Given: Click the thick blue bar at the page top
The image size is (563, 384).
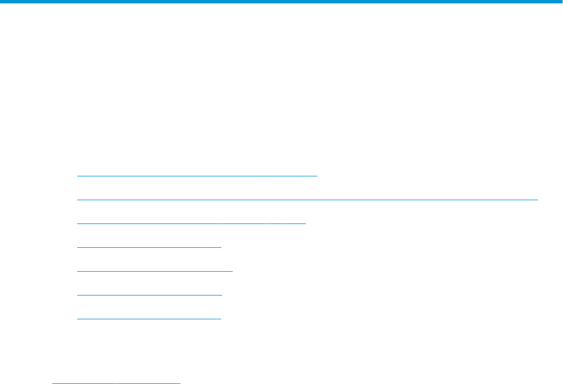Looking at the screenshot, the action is pyautogui.click(x=281, y=2).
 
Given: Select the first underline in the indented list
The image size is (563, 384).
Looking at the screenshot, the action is pyautogui.click(x=197, y=176).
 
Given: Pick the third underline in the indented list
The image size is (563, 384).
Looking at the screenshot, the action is pyautogui.click(x=191, y=223).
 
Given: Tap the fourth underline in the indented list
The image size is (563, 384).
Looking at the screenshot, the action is pyautogui.click(x=149, y=247).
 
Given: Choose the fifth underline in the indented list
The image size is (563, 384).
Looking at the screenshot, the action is pyautogui.click(x=154, y=271).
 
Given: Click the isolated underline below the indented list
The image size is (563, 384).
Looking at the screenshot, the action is pyautogui.click(x=116, y=383).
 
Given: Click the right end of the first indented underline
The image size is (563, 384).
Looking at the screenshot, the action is pyautogui.click(x=317, y=176).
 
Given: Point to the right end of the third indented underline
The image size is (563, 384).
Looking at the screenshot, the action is pyautogui.click(x=305, y=223).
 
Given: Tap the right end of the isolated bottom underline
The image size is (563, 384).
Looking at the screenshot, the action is pyautogui.click(x=179, y=383).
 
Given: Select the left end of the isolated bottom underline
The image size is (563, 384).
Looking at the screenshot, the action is pyautogui.click(x=53, y=383).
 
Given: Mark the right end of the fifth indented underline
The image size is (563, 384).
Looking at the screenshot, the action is pyautogui.click(x=232, y=271).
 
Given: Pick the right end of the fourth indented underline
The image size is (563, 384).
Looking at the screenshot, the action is pyautogui.click(x=220, y=247).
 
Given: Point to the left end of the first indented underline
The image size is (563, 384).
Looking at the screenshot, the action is pyautogui.click(x=78, y=176).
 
